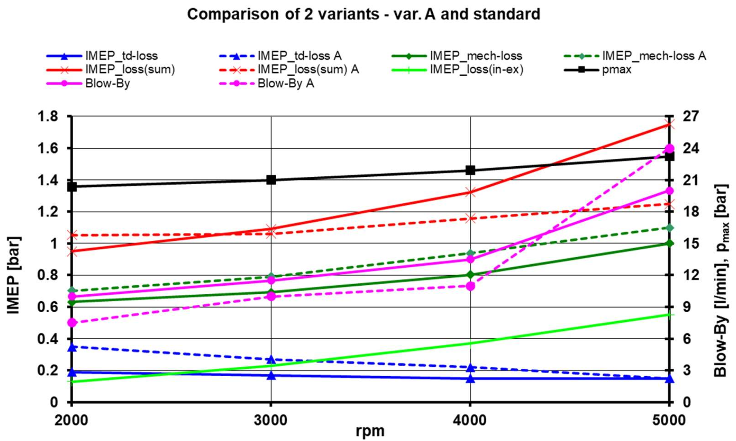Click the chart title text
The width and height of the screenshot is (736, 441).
click(363, 14)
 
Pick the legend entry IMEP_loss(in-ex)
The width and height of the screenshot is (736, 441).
click(476, 69)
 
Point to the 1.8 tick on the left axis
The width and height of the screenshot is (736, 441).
click(48, 117)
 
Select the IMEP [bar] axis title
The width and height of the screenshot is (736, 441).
click(14, 275)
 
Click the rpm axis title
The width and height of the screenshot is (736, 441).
click(370, 431)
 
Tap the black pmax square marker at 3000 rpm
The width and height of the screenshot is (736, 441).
click(271, 180)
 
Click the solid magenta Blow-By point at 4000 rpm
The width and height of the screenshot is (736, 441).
click(470, 259)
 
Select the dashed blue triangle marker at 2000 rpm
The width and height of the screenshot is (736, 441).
click(72, 347)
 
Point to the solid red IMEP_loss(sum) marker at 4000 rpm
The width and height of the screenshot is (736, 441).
click(470, 192)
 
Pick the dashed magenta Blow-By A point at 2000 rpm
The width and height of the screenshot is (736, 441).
click(72, 323)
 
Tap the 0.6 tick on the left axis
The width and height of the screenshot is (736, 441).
click(48, 307)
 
